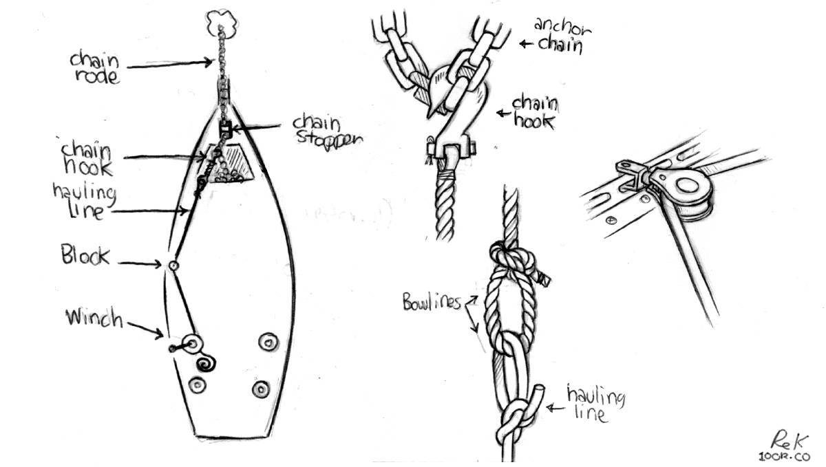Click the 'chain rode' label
click(x=94, y=67)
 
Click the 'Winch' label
click(x=94, y=318)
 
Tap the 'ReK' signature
click(x=787, y=437)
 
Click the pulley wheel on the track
click(x=684, y=186)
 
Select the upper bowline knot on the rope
click(x=513, y=261)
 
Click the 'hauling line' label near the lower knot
click(x=595, y=405)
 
